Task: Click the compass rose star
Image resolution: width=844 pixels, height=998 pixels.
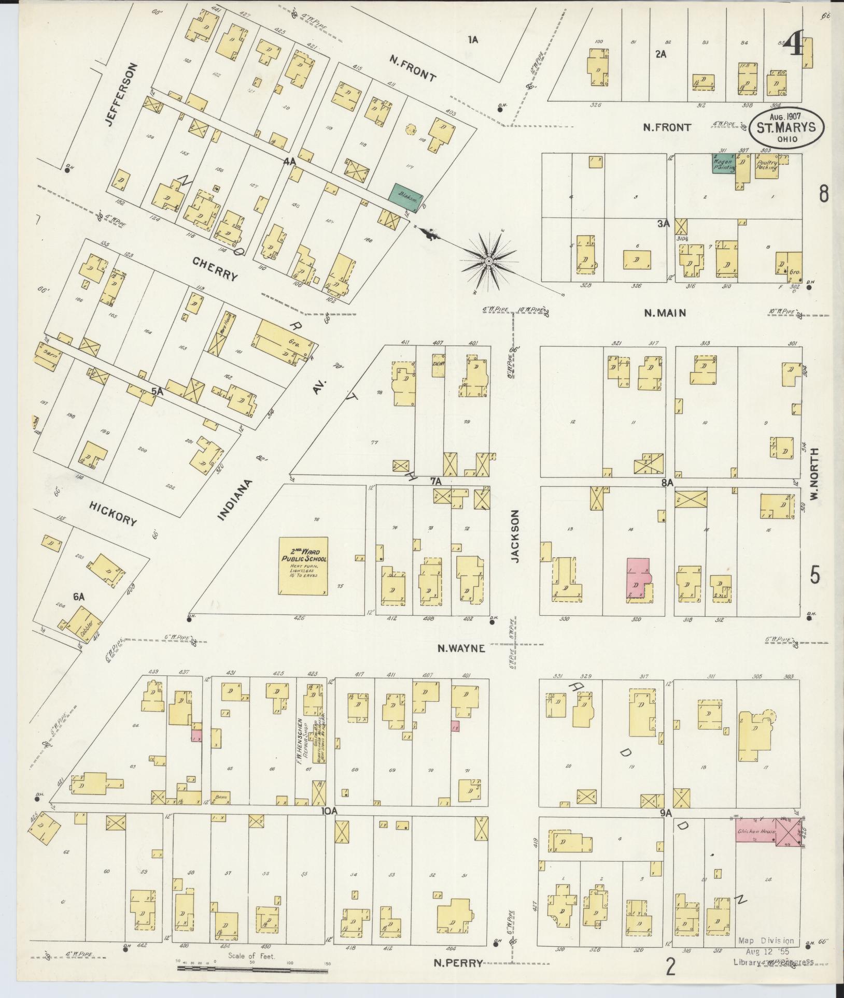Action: (x=488, y=262)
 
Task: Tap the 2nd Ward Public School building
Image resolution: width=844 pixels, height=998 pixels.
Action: (x=303, y=566)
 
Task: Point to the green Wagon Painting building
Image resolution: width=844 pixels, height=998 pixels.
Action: (x=724, y=163)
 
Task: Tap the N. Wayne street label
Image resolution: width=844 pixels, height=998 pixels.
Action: (x=461, y=647)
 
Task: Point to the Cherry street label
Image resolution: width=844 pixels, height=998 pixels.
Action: (x=215, y=269)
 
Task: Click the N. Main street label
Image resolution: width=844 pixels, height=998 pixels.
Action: (x=665, y=312)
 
